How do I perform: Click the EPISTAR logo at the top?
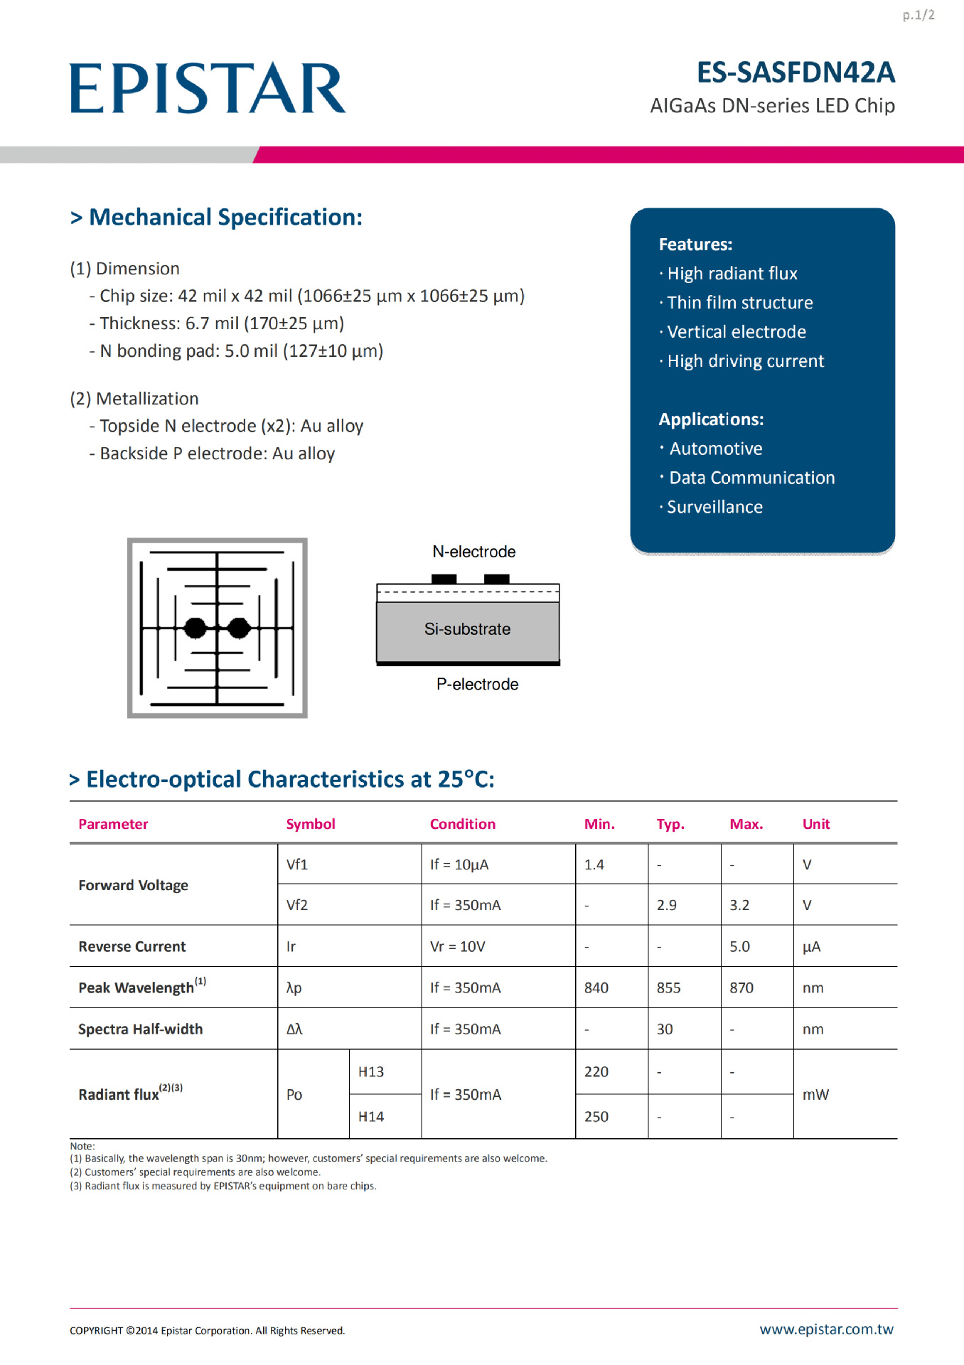pos(208,88)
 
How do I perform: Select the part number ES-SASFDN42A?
pos(795,73)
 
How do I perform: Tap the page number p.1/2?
pos(919,15)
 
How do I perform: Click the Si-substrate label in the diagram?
pos(467,629)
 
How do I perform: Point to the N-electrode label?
pos(473,552)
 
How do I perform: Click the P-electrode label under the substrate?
pos(477,684)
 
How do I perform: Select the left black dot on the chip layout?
pos(196,628)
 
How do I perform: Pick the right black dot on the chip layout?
pos(239,628)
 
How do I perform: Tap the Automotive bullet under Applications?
pos(715,449)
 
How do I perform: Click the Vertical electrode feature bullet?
pos(736,332)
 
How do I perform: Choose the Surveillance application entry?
pos(714,507)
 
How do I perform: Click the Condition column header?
pos(462,824)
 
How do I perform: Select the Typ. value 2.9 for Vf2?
pos(666,905)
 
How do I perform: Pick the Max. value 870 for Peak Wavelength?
pos(741,987)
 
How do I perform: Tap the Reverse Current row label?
pos(132,946)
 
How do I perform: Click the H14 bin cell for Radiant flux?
pos(371,1116)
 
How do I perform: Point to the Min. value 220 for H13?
pos(596,1071)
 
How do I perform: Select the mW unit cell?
pos(815,1094)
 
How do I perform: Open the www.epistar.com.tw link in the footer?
pos(826,1329)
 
